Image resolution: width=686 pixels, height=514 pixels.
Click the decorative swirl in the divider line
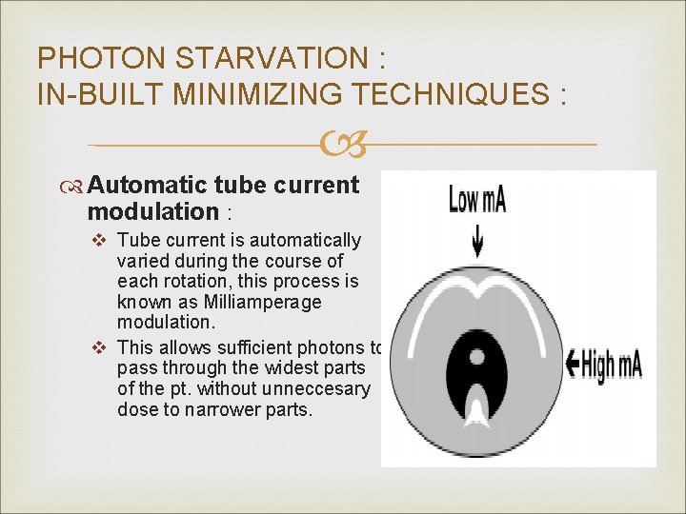[342, 146]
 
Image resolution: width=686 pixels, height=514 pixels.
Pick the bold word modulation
[153, 210]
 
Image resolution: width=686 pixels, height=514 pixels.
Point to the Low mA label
[477, 199]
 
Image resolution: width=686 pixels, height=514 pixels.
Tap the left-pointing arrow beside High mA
[574, 362]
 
